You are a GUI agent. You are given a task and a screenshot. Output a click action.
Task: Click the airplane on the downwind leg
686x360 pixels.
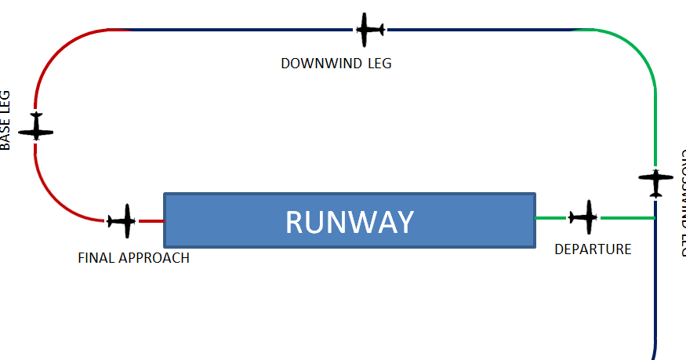tap(369, 30)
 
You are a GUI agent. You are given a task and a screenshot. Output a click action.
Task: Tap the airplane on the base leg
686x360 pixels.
tap(36, 126)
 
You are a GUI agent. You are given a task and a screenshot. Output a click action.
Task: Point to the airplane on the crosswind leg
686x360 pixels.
tap(655, 182)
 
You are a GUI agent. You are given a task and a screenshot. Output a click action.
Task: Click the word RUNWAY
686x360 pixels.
tap(349, 223)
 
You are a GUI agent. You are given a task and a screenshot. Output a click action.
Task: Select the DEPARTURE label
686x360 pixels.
tap(593, 249)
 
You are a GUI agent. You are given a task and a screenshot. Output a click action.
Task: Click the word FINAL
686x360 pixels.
tap(96, 257)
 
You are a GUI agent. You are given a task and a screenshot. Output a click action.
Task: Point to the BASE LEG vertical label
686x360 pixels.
tap(6, 120)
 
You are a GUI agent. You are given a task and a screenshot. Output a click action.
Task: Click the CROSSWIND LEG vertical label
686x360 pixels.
tap(680, 204)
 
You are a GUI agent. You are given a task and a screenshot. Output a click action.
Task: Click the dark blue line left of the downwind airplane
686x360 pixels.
tap(235, 30)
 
